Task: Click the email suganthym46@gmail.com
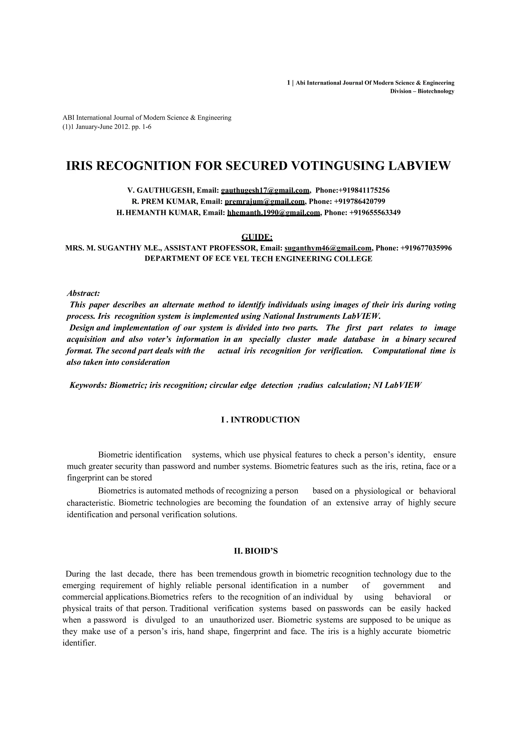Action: (x=328, y=248)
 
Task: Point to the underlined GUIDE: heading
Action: (x=257, y=237)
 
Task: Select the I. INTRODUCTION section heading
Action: (x=260, y=420)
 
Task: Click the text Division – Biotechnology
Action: (x=422, y=91)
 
